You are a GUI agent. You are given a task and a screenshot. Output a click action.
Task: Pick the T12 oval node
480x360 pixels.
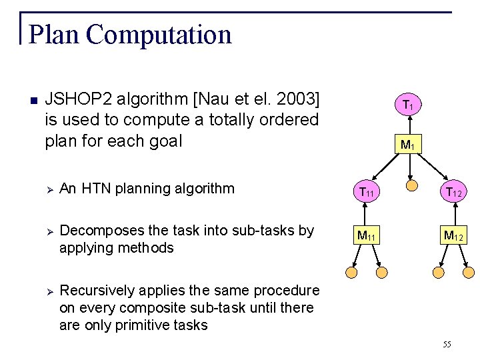[x=453, y=192]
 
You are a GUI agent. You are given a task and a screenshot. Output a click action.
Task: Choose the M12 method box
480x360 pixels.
[x=453, y=235]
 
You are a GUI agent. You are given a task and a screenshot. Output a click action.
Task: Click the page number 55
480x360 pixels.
[x=446, y=344]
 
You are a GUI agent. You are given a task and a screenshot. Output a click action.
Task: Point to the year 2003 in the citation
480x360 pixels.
[x=296, y=100]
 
